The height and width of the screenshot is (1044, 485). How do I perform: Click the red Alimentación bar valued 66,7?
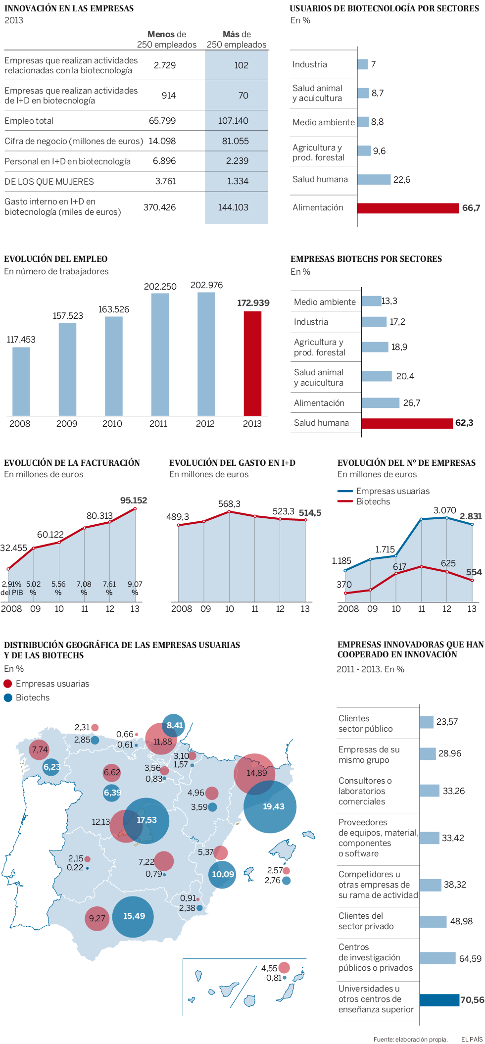[x=408, y=208]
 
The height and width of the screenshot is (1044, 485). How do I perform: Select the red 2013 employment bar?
[x=252, y=363]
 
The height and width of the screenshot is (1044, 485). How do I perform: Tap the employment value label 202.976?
[x=206, y=286]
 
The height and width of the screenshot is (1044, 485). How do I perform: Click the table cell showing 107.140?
[x=233, y=121]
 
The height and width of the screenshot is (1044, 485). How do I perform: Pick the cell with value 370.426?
[x=159, y=207]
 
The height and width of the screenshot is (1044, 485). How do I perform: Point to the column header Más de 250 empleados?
[x=237, y=40]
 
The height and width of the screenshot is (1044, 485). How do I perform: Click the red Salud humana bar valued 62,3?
[x=407, y=423]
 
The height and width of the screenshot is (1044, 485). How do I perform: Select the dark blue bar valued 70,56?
[x=439, y=1000]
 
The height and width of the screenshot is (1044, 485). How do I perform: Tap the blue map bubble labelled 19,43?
[x=270, y=807]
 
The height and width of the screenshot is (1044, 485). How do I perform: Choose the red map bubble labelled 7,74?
[x=39, y=750]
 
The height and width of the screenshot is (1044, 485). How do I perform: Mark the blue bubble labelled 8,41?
[x=174, y=726]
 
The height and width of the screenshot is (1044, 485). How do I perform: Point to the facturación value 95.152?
[x=134, y=500]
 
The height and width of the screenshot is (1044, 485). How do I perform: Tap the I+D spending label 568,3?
[x=229, y=504]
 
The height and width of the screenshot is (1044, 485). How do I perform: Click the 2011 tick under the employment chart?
[x=158, y=424]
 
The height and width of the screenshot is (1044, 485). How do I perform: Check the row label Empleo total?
[x=29, y=121]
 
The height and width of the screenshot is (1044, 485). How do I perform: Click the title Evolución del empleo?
[x=56, y=259]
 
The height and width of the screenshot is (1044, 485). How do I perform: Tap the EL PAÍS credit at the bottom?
[x=472, y=1039]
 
